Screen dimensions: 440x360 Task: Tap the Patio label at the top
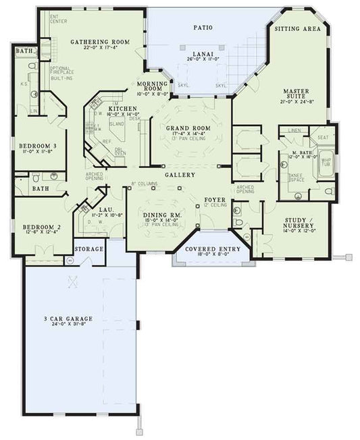203,28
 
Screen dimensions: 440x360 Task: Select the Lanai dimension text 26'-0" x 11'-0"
203,59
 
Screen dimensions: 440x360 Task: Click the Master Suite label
296,93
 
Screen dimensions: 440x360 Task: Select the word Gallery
180,174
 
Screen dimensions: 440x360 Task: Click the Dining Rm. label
159,215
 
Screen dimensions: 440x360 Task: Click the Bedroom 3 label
37,146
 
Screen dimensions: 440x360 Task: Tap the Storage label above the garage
89,249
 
